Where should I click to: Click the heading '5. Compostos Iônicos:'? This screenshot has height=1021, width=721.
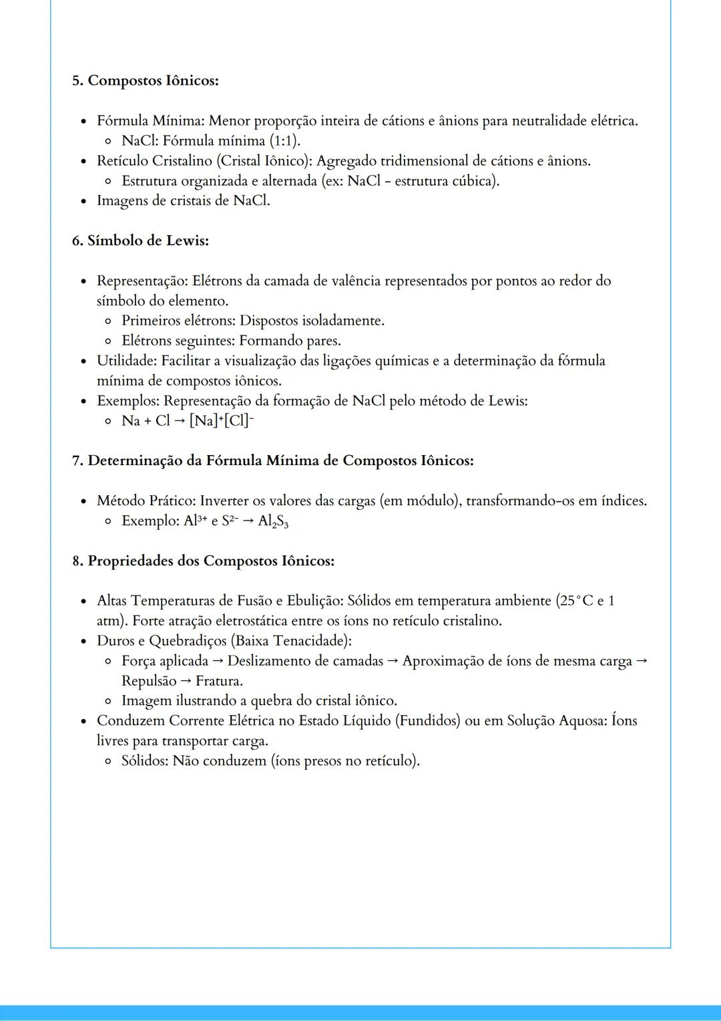(x=146, y=81)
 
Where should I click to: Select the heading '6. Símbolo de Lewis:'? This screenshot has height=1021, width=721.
(x=140, y=241)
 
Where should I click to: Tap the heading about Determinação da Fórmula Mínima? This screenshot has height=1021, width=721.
(x=273, y=461)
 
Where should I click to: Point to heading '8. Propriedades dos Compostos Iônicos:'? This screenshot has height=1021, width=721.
(x=203, y=561)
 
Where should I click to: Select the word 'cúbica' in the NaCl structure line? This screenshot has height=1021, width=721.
(x=474, y=181)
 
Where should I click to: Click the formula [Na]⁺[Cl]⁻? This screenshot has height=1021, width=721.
(x=222, y=421)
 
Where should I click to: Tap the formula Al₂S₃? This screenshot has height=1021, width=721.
(x=273, y=521)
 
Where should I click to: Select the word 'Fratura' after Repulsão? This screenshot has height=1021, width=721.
(x=218, y=681)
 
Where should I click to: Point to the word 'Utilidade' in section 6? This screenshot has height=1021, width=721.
(x=127, y=361)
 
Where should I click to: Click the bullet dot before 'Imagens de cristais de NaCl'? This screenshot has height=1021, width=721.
(x=83, y=202)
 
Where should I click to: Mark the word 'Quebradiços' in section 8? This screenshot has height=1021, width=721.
(x=188, y=641)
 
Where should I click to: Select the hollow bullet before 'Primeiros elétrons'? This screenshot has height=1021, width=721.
(x=108, y=321)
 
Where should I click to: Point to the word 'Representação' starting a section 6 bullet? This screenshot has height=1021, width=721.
(x=141, y=281)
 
